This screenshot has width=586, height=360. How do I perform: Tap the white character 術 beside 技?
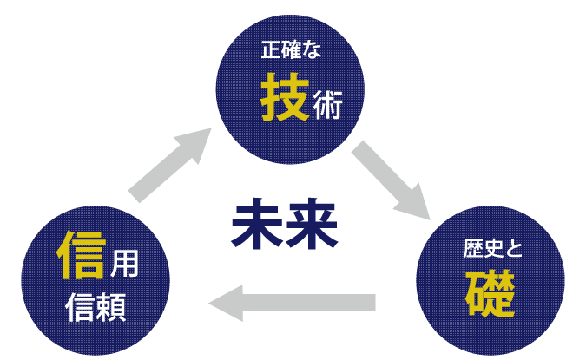pos(327,107)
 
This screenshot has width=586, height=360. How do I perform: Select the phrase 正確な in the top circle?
pos(291,50)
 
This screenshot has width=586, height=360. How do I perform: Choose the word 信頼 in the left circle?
pos(95,307)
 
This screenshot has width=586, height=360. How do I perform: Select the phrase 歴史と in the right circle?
pos(492,251)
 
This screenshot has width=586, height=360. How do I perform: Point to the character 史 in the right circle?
pos(492,251)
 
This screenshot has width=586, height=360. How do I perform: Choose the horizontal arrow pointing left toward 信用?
pos(293,303)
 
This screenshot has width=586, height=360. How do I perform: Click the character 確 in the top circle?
pos(291,50)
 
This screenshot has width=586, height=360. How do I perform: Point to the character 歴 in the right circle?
pos(472,251)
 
